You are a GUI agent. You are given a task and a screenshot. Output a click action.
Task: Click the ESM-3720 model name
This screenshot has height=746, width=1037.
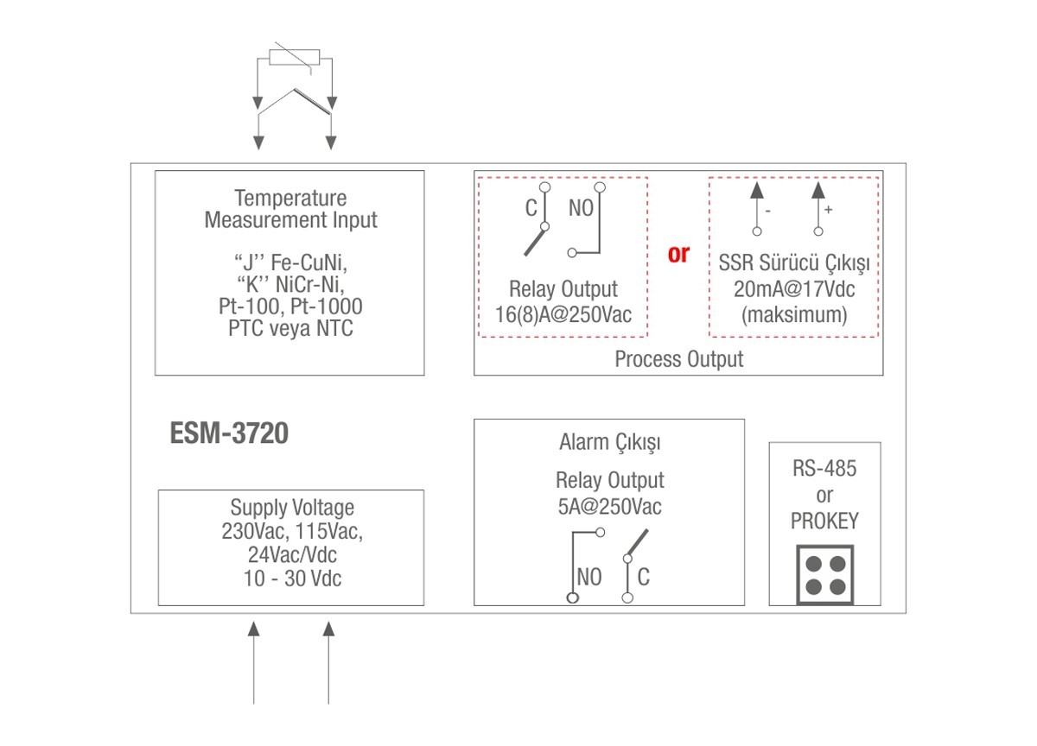(229, 433)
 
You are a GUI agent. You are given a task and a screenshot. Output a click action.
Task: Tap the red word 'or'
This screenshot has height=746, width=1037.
(678, 254)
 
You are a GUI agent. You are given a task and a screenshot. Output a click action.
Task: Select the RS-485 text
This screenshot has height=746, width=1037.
(824, 469)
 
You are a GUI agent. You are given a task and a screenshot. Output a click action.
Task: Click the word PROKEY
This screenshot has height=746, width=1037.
(824, 522)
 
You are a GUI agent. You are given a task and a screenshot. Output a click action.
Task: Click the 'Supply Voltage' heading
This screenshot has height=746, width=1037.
(292, 508)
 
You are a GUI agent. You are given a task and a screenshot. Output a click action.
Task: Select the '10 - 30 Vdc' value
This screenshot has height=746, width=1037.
(292, 578)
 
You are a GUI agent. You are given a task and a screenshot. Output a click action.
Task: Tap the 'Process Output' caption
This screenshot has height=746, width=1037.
(678, 359)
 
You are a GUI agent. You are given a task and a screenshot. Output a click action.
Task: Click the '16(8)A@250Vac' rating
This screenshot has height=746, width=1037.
(563, 314)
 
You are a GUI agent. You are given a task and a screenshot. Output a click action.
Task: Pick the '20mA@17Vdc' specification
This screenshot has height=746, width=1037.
(794, 288)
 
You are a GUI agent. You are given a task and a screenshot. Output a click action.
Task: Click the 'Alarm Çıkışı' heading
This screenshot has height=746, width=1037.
(609, 444)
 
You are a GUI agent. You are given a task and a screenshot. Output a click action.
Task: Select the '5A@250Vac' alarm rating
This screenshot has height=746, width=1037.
(609, 506)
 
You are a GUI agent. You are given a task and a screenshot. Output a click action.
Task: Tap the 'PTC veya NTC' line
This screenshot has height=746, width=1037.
(290, 329)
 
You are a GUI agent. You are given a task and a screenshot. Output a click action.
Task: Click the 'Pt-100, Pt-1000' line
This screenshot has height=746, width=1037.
(290, 307)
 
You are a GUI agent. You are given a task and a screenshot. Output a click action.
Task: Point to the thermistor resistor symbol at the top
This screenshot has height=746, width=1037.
(295, 57)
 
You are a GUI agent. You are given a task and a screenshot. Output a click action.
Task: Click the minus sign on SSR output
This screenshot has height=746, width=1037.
(768, 210)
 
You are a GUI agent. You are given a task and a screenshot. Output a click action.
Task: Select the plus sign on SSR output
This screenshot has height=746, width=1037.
(829, 210)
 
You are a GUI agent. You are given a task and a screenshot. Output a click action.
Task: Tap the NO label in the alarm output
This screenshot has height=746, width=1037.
(588, 578)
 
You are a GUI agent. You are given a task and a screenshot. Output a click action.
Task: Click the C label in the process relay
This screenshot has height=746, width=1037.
(531, 208)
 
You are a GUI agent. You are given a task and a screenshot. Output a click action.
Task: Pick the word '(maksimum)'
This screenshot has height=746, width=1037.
(794, 315)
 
